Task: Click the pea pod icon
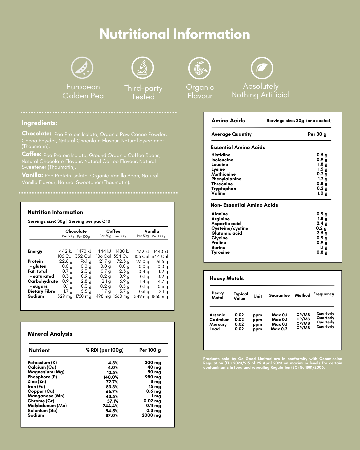(82, 68)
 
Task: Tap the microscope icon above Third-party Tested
(143, 68)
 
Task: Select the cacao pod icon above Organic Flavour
(200, 68)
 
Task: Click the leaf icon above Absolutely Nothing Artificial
(262, 68)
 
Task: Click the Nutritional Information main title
(175, 34)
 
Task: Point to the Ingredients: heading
(39, 123)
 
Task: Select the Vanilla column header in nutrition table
(152, 231)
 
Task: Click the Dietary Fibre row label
(41, 291)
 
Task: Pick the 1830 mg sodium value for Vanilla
(160, 296)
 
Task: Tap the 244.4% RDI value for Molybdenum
(110, 406)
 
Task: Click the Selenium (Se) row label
(42, 410)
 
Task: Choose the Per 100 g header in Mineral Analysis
(150, 350)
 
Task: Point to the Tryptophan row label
(224, 188)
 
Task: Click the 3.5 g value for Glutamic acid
(322, 233)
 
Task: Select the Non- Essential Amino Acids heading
(244, 205)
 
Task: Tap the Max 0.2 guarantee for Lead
(279, 329)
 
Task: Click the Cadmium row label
(219, 320)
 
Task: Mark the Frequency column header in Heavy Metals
(323, 294)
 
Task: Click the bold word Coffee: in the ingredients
(32, 154)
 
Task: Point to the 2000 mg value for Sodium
(151, 415)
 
